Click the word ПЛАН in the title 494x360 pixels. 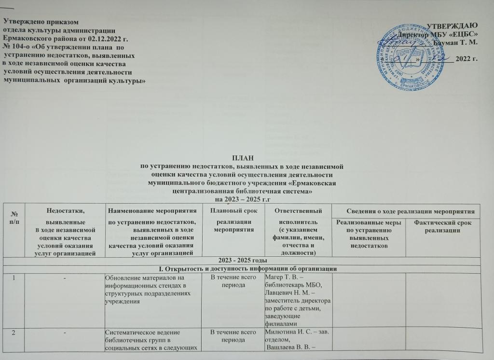click(241, 158)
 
